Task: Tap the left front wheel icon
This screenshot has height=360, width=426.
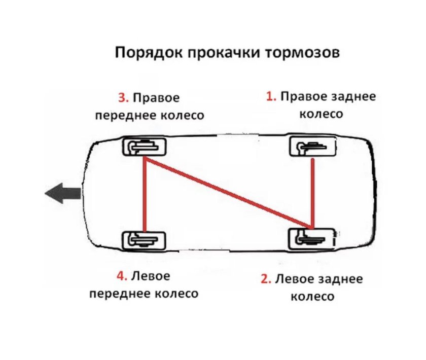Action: (x=145, y=239)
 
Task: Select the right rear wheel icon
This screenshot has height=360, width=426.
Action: (x=312, y=147)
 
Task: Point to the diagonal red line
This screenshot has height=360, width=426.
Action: (x=228, y=193)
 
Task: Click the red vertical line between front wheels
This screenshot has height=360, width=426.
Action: (x=145, y=195)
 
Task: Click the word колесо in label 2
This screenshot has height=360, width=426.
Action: (x=312, y=296)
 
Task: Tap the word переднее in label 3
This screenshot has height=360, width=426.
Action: (x=123, y=116)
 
